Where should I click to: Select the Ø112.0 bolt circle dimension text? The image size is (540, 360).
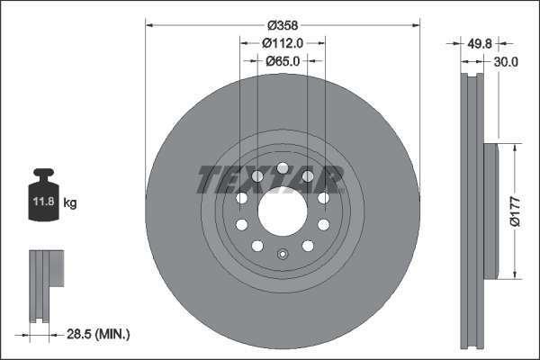pos(282,42)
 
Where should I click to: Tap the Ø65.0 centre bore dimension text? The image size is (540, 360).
pos(283,60)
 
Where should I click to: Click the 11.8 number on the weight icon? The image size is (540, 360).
pos(43,203)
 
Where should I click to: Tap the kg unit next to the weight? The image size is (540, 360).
pos(70,203)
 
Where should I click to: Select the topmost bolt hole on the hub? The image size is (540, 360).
pos(282,168)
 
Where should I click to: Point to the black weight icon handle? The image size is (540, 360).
pos(43,175)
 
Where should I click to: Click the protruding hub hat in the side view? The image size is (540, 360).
pos(490,211)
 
